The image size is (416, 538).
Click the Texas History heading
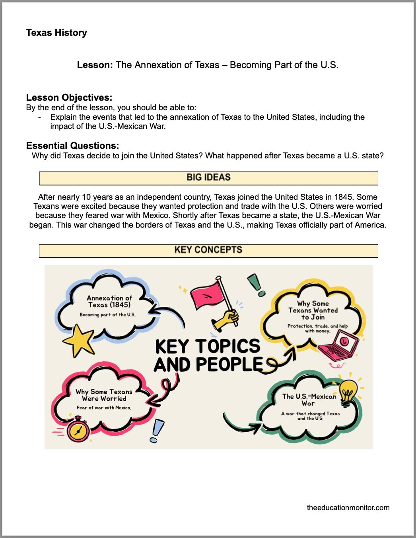pyautogui.click(x=56, y=33)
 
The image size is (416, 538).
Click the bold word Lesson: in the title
pyautogui.click(x=95, y=65)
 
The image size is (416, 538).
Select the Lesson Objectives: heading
pyautogui.click(x=69, y=97)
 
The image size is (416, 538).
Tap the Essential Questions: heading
pyautogui.click(x=72, y=146)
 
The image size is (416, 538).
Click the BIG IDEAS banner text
pyautogui.click(x=208, y=177)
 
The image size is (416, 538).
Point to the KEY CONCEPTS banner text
pyautogui.click(x=208, y=250)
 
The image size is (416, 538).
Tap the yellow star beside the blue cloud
pyautogui.click(x=79, y=339)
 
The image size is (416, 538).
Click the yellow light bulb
pyautogui.click(x=348, y=392)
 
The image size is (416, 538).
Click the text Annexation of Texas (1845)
pyautogui.click(x=109, y=301)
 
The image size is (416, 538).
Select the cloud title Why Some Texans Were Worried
pyautogui.click(x=104, y=395)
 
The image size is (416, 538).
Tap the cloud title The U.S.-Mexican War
pyautogui.click(x=309, y=400)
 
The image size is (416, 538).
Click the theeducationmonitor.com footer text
pyautogui.click(x=348, y=507)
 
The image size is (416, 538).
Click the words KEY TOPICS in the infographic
pyautogui.click(x=208, y=346)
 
